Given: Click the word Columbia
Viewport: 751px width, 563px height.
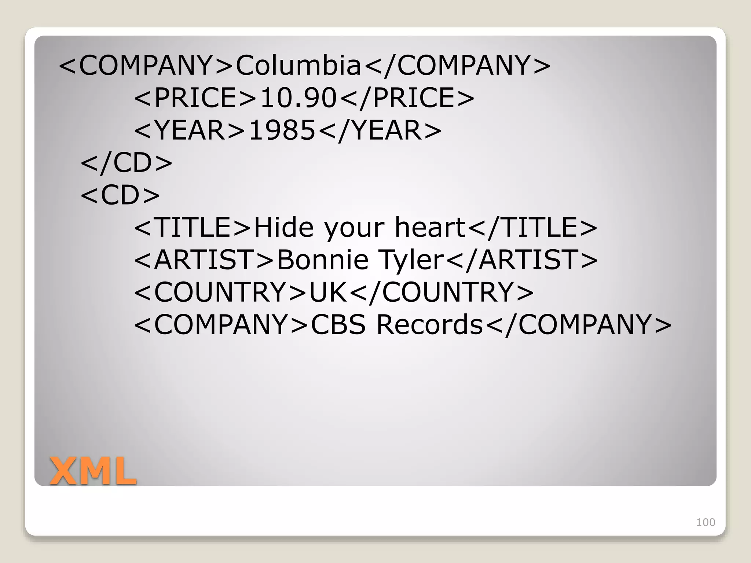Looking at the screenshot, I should tap(298, 65).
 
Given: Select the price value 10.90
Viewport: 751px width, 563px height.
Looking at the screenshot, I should tap(298, 98).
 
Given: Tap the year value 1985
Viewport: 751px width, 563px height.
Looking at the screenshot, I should tap(282, 130).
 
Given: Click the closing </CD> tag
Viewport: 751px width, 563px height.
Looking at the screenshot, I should tap(127, 162).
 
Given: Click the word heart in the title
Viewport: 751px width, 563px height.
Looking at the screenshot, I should tap(430, 227).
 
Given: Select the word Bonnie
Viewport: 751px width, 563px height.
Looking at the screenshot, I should tap(322, 260).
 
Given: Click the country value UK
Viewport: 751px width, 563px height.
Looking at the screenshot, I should tap(328, 292).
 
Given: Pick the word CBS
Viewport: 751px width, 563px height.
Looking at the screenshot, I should tap(338, 325).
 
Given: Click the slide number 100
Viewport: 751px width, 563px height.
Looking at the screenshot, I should tap(706, 522).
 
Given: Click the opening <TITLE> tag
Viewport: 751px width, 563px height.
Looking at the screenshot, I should tap(193, 227).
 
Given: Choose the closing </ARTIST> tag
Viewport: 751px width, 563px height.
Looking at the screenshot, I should tap(523, 260).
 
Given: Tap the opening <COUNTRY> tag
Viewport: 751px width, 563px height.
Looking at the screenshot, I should tap(220, 292).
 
